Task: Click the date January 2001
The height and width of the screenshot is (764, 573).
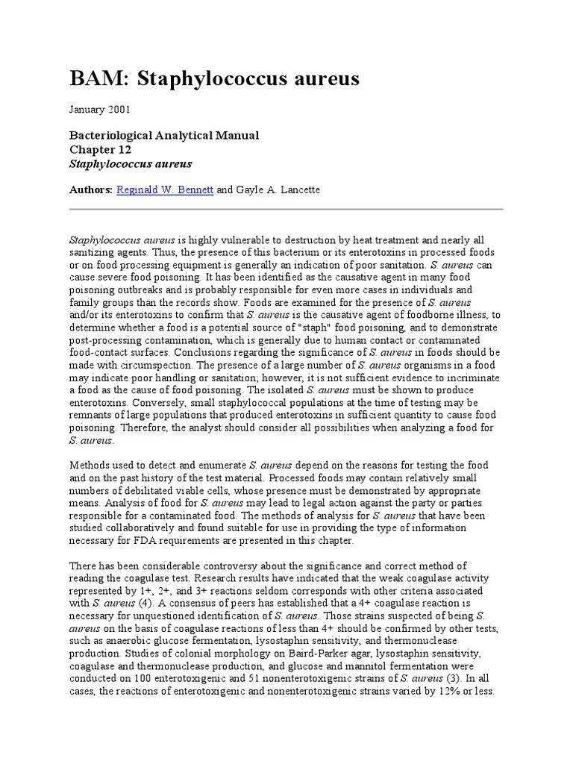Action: click(x=100, y=110)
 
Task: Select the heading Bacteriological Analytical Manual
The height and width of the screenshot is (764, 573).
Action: click(x=164, y=135)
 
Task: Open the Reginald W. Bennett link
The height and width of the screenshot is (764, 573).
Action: click(x=165, y=190)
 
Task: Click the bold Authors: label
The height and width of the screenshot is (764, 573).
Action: click(x=91, y=190)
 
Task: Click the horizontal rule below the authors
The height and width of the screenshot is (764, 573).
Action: click(x=286, y=209)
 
